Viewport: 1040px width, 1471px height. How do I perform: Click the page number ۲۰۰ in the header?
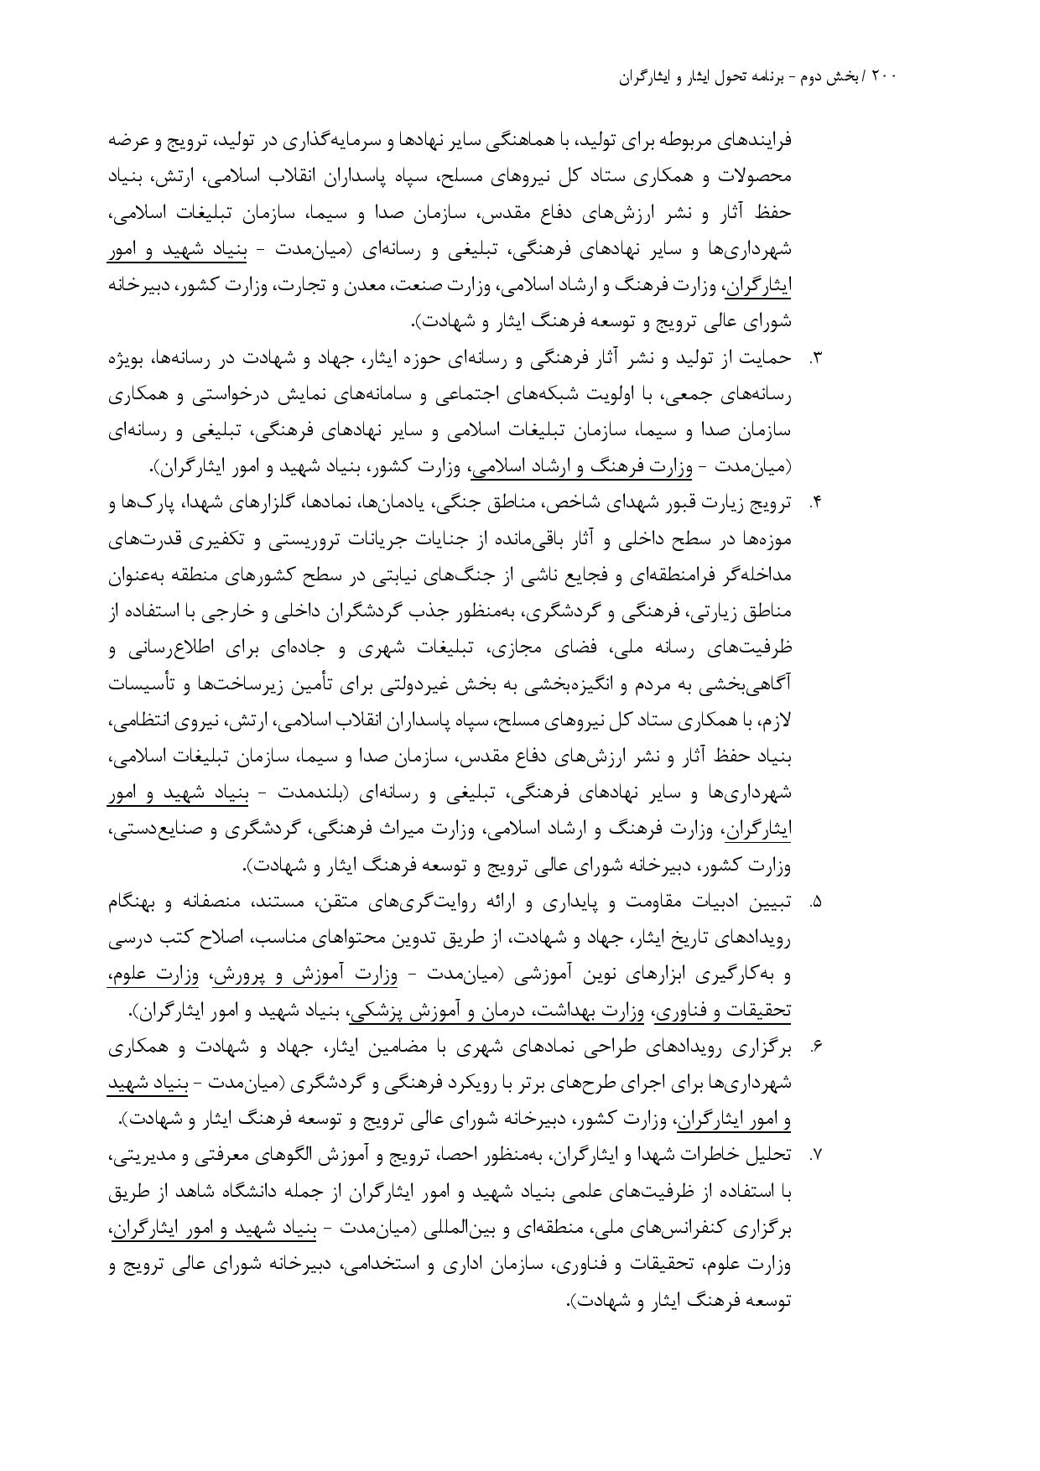click(885, 76)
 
